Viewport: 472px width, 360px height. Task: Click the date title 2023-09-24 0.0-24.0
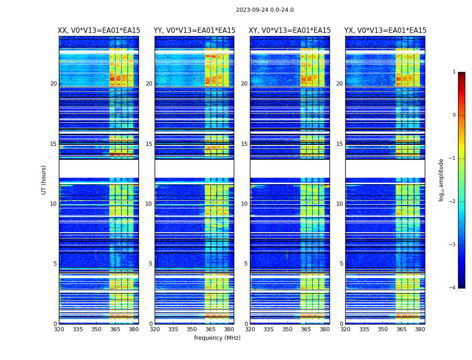[265, 10]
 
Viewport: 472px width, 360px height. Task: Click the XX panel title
[99, 31]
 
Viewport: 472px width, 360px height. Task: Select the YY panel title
[194, 31]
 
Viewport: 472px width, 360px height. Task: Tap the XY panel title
[290, 31]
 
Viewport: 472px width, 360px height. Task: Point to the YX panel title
[385, 31]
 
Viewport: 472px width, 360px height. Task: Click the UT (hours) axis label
[44, 180]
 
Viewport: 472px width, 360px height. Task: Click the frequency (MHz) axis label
[217, 338]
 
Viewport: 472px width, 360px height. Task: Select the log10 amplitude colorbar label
[441, 180]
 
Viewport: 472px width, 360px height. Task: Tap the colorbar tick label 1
[454, 72]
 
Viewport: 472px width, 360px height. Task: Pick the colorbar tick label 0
[454, 115]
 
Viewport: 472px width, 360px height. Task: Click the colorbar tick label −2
[453, 202]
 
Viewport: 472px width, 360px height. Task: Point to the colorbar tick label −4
[453, 288]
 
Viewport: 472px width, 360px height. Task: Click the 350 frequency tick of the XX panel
[96, 329]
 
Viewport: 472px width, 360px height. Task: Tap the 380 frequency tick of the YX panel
[420, 329]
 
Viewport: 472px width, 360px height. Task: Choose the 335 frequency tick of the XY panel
[268, 329]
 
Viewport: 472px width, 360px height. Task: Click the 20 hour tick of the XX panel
[53, 84]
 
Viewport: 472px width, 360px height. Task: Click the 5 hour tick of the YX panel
[341, 264]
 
